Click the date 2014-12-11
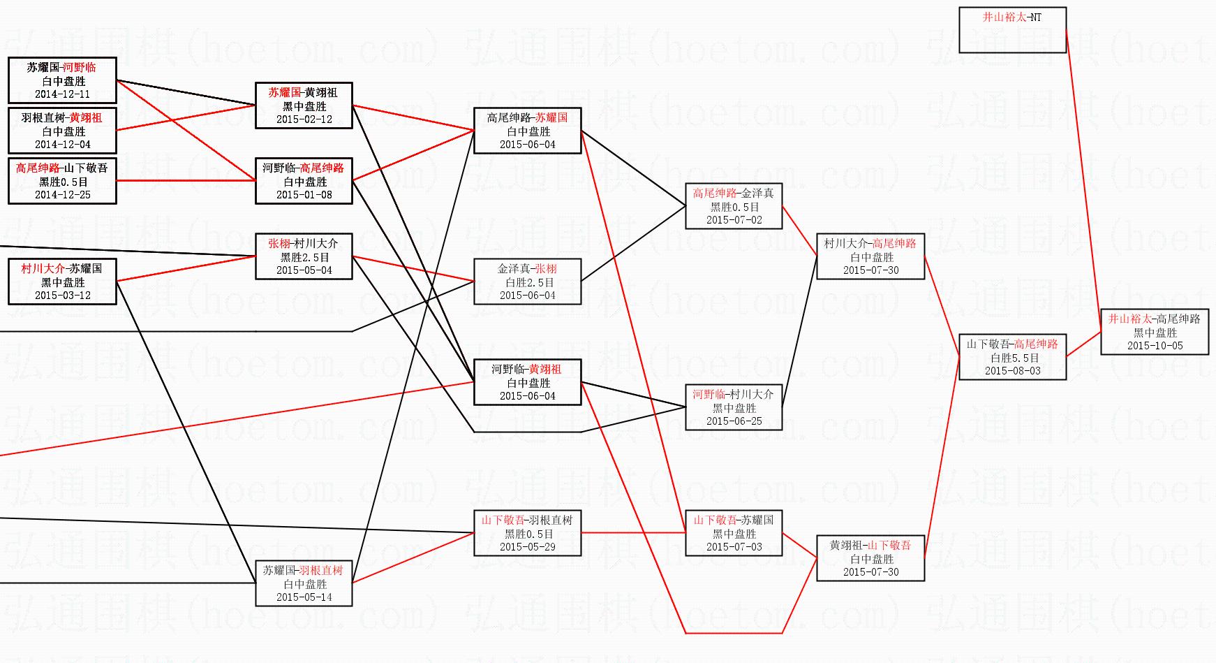tap(62, 94)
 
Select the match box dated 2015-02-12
tap(304, 105)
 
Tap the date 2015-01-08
tap(304, 195)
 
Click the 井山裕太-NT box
tap(1012, 30)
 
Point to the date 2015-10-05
tap(1155, 346)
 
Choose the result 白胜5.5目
tap(1012, 358)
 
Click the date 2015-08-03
tap(1012, 371)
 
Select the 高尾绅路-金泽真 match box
tap(734, 206)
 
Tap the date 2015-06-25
tap(734, 421)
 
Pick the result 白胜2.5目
tap(528, 282)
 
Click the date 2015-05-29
tap(528, 547)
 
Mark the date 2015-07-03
tap(734, 547)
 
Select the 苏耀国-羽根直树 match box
tap(304, 583)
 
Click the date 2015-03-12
tap(62, 296)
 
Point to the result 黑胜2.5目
tap(304, 257)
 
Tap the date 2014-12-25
tap(62, 195)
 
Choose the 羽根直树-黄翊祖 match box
tap(62, 131)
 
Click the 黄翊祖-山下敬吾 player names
tap(870, 545)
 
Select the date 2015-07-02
tap(734, 220)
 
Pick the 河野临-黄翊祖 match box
tap(528, 382)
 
